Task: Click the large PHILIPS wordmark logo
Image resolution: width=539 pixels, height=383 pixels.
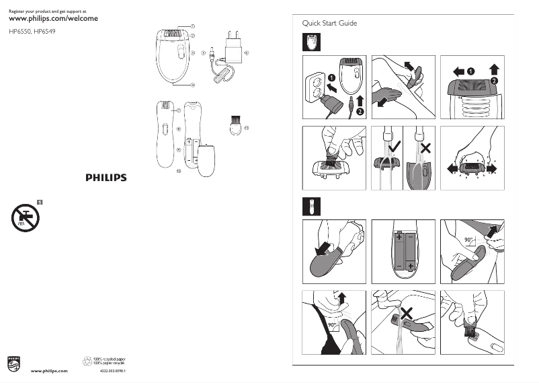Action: click(106, 178)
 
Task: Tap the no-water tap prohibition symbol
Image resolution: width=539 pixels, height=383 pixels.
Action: click(26, 217)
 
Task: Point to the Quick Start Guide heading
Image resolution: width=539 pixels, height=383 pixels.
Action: click(329, 24)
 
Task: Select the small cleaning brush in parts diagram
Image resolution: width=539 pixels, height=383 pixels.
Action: click(235, 125)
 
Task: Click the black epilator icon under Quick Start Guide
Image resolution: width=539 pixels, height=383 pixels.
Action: click(310, 42)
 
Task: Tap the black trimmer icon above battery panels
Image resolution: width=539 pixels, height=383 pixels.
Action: click(310, 205)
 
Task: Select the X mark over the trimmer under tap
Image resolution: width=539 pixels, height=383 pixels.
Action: click(405, 312)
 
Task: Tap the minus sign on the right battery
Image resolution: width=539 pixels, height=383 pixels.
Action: click(411, 237)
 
